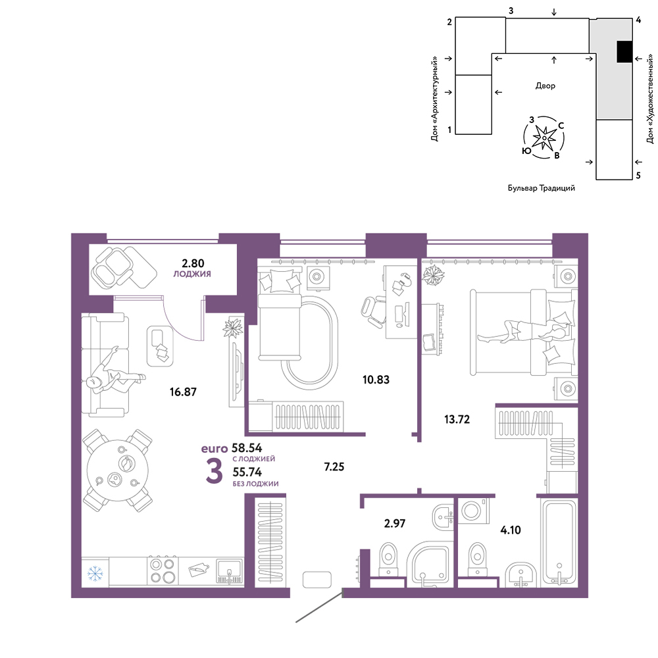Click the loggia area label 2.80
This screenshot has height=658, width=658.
click(193, 263)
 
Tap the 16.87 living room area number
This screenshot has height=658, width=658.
click(183, 392)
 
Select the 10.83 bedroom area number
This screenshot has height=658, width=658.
click(376, 380)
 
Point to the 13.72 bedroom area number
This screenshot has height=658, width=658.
click(457, 419)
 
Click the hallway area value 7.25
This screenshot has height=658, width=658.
click(334, 467)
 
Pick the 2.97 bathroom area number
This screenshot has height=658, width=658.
click(395, 523)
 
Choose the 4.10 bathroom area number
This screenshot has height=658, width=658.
click(511, 530)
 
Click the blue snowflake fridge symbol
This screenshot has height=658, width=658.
click(95, 573)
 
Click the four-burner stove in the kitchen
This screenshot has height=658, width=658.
click(163, 570)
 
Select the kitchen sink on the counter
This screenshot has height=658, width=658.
click(230, 571)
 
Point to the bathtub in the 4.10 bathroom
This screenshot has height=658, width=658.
click(559, 542)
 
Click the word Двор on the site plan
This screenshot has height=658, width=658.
click(545, 86)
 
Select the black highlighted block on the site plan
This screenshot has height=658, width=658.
click(624, 51)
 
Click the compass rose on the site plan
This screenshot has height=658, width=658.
click(544, 138)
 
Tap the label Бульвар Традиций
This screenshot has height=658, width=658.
click(542, 188)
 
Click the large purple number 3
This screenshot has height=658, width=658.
click(214, 471)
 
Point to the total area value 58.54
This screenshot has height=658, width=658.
click(247, 447)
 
